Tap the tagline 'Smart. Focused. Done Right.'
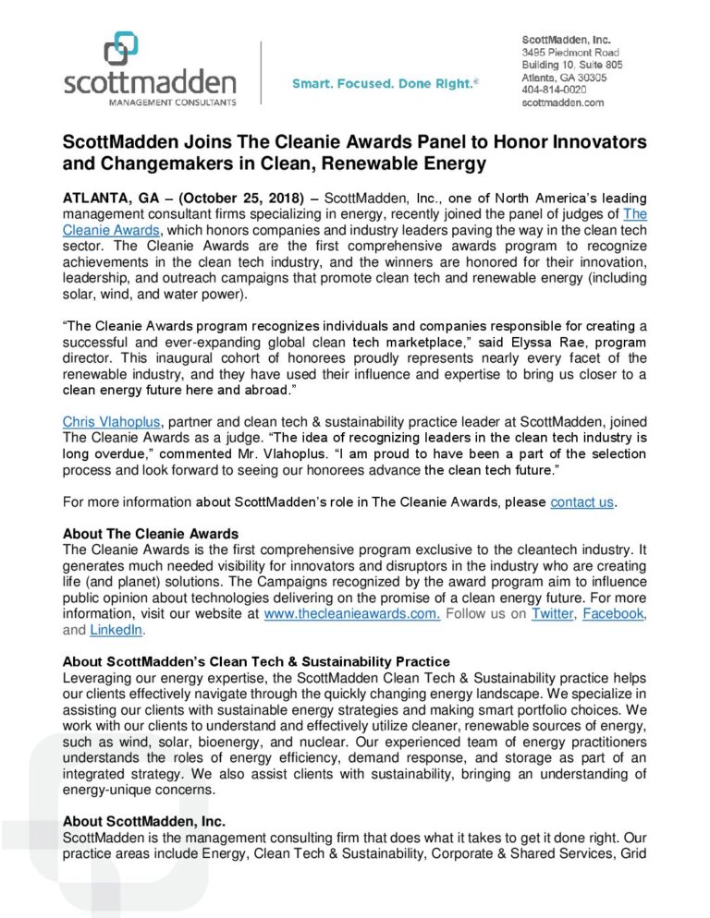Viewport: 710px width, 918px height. pos(385,84)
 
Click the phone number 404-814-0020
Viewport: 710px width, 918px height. pos(554,90)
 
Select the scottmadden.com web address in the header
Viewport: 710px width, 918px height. pos(562,103)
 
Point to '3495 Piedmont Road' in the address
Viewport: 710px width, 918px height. pos(570,54)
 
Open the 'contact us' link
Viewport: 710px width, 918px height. pos(581,502)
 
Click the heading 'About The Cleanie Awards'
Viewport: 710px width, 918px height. pos(150,534)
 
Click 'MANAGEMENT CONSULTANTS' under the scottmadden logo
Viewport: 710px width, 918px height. pos(150,103)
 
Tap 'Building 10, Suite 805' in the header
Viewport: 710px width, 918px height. pos(571,66)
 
